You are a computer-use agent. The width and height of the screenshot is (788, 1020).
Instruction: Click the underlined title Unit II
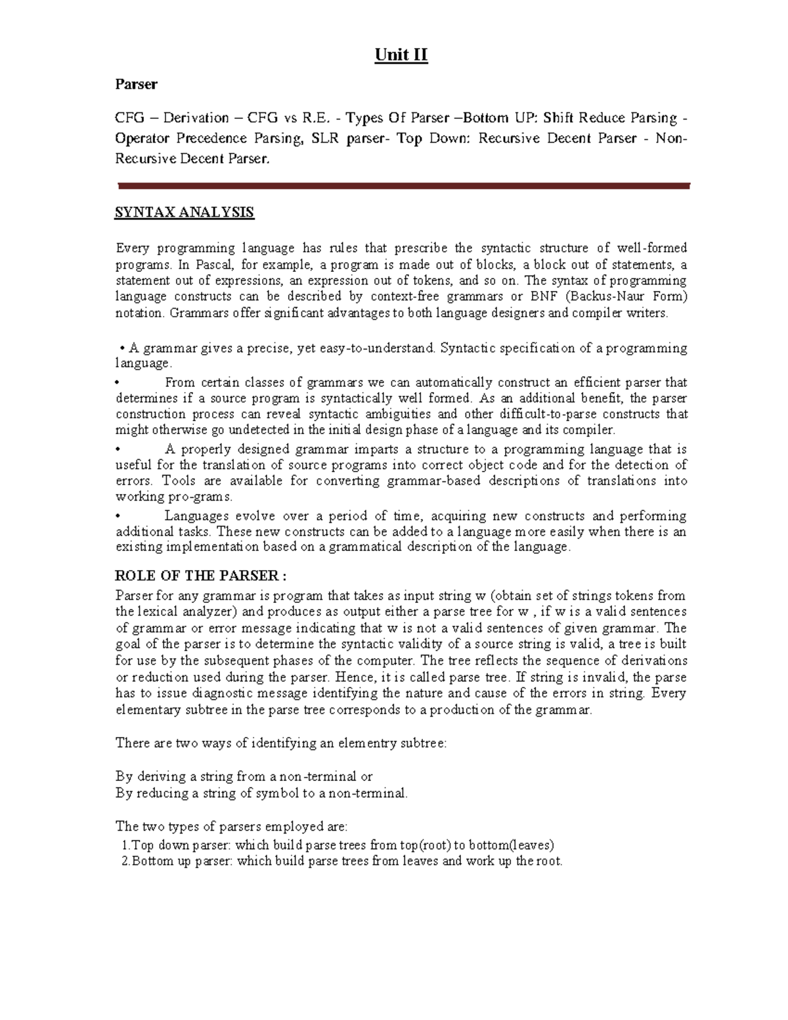(x=401, y=55)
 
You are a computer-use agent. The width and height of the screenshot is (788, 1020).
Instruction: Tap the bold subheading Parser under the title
(x=136, y=84)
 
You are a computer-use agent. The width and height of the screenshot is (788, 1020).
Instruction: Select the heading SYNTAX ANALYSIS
(x=184, y=212)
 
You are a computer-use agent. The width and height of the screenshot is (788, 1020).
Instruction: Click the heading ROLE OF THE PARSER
(x=200, y=576)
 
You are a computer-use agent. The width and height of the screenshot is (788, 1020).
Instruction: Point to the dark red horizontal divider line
(x=403, y=186)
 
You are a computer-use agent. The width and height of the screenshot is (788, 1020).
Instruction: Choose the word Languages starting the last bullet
(x=197, y=516)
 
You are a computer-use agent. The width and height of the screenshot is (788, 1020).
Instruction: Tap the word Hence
(x=353, y=677)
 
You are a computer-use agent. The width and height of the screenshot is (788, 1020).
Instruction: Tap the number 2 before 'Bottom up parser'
(x=125, y=861)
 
